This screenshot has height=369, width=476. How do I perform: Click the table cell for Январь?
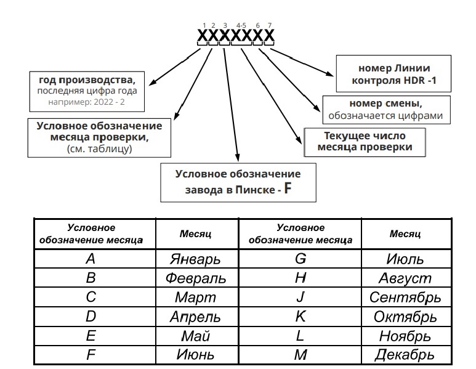click(x=195, y=258)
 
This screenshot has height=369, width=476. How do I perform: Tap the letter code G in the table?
click(x=301, y=258)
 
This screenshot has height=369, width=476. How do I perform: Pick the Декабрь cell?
click(x=405, y=355)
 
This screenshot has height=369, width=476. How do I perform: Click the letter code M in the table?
click(x=301, y=355)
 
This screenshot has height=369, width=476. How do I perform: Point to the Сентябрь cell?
click(x=405, y=297)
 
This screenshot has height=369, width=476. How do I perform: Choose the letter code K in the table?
click(x=301, y=317)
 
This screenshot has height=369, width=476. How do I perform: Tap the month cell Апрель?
click(x=195, y=317)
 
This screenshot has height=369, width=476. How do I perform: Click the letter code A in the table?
click(x=90, y=258)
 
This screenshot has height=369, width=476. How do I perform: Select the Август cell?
click(x=405, y=278)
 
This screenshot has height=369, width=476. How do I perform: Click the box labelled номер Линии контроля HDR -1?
click(x=390, y=74)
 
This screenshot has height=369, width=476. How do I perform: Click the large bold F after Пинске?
click(x=287, y=189)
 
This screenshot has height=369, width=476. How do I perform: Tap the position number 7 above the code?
click(x=270, y=25)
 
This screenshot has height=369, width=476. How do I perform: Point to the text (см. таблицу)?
click(x=100, y=148)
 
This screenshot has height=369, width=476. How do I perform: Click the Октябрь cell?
click(x=405, y=317)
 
